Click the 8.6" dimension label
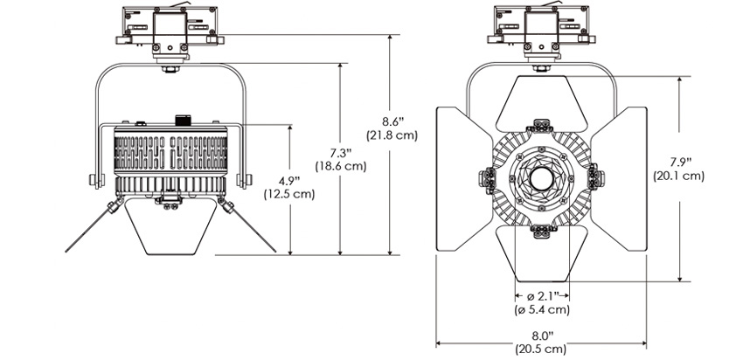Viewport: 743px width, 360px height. (x=392, y=121)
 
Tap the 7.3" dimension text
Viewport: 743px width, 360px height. (x=341, y=153)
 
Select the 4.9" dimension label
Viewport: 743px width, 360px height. (x=289, y=181)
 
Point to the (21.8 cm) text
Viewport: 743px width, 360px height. (x=392, y=135)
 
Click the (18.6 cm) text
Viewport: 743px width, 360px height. (x=341, y=167)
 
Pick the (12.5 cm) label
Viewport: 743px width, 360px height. (x=289, y=194)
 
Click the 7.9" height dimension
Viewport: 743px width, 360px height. (x=678, y=162)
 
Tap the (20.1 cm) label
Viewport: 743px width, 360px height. (x=678, y=176)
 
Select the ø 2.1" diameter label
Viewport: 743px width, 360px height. (x=543, y=296)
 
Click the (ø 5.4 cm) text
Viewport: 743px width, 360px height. (x=543, y=310)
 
